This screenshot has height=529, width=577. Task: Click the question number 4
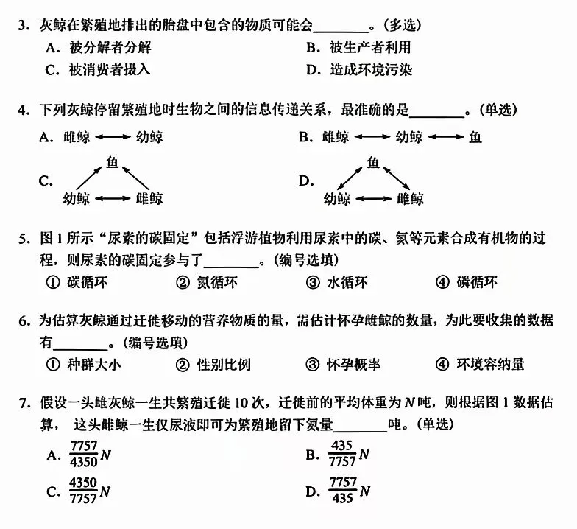coord(23,111)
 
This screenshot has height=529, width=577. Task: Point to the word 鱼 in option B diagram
coord(475,137)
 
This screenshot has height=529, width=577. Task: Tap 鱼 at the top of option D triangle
coord(373,161)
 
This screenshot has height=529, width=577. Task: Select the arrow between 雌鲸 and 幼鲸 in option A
coord(113,137)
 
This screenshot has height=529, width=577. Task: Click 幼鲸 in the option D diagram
coord(337,199)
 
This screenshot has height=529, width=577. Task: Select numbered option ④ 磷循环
coord(478,283)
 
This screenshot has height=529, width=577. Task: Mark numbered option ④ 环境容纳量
coord(490,364)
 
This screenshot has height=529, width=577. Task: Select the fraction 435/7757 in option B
coord(343,453)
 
